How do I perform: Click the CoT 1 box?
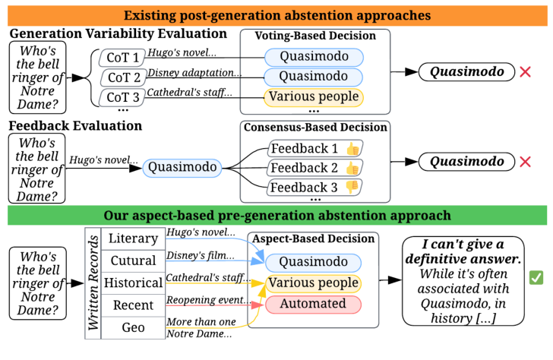pos(121,58)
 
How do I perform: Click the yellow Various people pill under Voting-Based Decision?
pos(314,97)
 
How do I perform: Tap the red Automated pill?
pos(314,305)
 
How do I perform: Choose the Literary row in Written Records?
pos(133,238)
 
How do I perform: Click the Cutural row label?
pos(133,261)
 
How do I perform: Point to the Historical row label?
pos(133,283)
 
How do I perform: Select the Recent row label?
pos(133,305)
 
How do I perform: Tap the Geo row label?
pos(133,327)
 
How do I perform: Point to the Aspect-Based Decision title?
pos(314,239)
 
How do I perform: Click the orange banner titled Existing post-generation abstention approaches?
pos(276,14)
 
